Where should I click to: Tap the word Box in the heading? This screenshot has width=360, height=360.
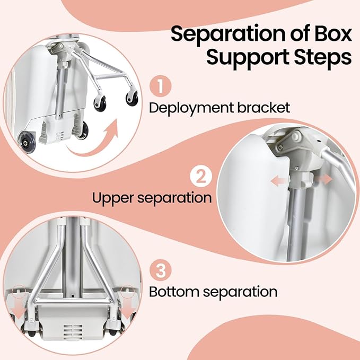[330, 33]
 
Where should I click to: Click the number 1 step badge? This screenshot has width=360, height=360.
[161, 86]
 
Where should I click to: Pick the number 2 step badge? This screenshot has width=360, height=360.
[201, 177]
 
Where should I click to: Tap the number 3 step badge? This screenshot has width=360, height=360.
[161, 270]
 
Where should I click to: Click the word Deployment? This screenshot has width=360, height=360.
[192, 108]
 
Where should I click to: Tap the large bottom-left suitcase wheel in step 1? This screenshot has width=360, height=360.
[25, 142]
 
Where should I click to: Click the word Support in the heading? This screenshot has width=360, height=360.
[248, 57]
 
